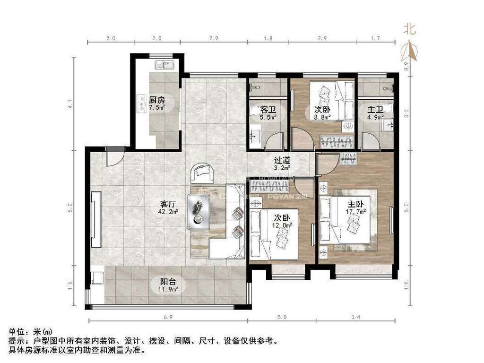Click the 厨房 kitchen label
[x=157, y=100]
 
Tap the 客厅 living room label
[x=168, y=204]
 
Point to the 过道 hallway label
[x=282, y=160]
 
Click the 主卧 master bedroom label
[x=356, y=204]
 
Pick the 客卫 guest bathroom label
[x=268, y=110]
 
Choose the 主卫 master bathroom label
[x=376, y=110]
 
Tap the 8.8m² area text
[x=323, y=117]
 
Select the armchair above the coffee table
[x=203, y=173]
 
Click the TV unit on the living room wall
[x=96, y=219]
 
